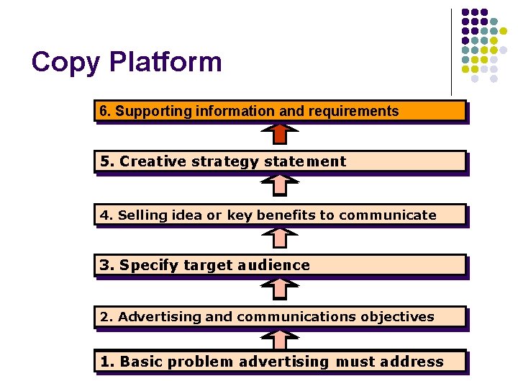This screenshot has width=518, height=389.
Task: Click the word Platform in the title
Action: pos(165,62)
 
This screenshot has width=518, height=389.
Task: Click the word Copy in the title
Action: pos(66,62)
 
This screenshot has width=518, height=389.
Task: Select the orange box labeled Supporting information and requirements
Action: pos(280,111)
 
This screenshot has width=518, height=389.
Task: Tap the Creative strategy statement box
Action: pos(280,161)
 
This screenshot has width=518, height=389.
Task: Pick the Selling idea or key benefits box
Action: pos(280,215)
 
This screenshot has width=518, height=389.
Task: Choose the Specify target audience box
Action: pos(280,265)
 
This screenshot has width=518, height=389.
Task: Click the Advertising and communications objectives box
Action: pos(280,317)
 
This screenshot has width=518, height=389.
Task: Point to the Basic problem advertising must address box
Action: pos(280,362)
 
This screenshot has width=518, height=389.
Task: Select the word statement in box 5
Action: pos(305,161)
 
